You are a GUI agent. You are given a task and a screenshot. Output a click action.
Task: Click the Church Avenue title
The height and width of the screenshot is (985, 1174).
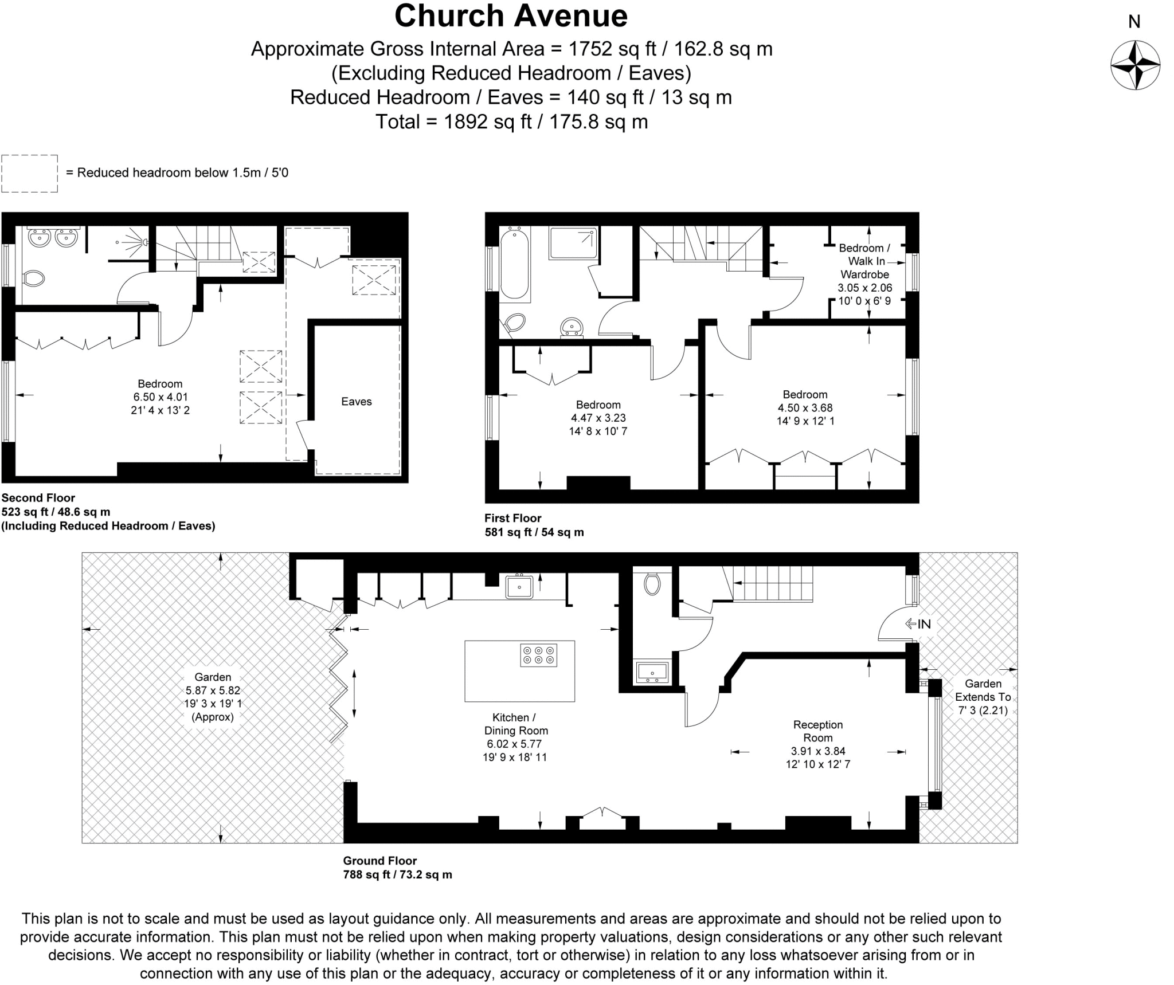[x=511, y=16]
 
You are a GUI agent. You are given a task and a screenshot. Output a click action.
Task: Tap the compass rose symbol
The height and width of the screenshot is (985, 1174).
[x=1135, y=65]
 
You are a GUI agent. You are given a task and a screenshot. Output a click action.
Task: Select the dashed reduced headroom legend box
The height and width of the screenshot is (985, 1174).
[x=29, y=174]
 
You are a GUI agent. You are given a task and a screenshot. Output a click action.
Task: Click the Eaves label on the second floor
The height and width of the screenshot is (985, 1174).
[x=356, y=402]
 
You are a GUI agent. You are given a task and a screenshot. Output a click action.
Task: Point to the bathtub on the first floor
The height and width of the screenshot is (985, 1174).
[x=515, y=263]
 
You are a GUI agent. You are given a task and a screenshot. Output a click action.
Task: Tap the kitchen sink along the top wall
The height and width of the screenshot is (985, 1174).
[x=519, y=587]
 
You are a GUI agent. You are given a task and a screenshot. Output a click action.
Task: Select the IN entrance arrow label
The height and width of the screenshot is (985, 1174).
[x=918, y=624]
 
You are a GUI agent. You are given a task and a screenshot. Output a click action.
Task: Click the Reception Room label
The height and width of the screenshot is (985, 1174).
[x=818, y=731]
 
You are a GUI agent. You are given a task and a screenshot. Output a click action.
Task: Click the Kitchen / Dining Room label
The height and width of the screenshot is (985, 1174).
[x=516, y=724]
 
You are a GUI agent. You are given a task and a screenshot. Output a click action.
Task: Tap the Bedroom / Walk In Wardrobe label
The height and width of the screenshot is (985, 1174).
[x=864, y=261]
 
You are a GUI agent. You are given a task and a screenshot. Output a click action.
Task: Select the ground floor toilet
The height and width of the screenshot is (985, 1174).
[x=652, y=584]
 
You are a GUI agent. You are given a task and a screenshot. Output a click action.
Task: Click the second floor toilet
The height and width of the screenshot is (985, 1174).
[x=34, y=279]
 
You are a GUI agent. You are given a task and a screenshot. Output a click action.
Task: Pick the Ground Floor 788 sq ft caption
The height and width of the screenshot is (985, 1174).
[x=397, y=868]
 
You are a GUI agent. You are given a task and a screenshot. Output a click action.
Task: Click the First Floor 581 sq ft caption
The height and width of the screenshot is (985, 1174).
[x=534, y=525]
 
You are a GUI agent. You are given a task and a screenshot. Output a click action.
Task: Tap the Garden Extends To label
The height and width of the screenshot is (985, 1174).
[x=983, y=697]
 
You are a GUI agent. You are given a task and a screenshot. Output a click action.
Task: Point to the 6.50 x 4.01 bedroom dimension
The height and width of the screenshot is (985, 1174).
[x=161, y=397]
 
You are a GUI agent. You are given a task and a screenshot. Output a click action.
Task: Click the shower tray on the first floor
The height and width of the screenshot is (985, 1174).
[x=573, y=244]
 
